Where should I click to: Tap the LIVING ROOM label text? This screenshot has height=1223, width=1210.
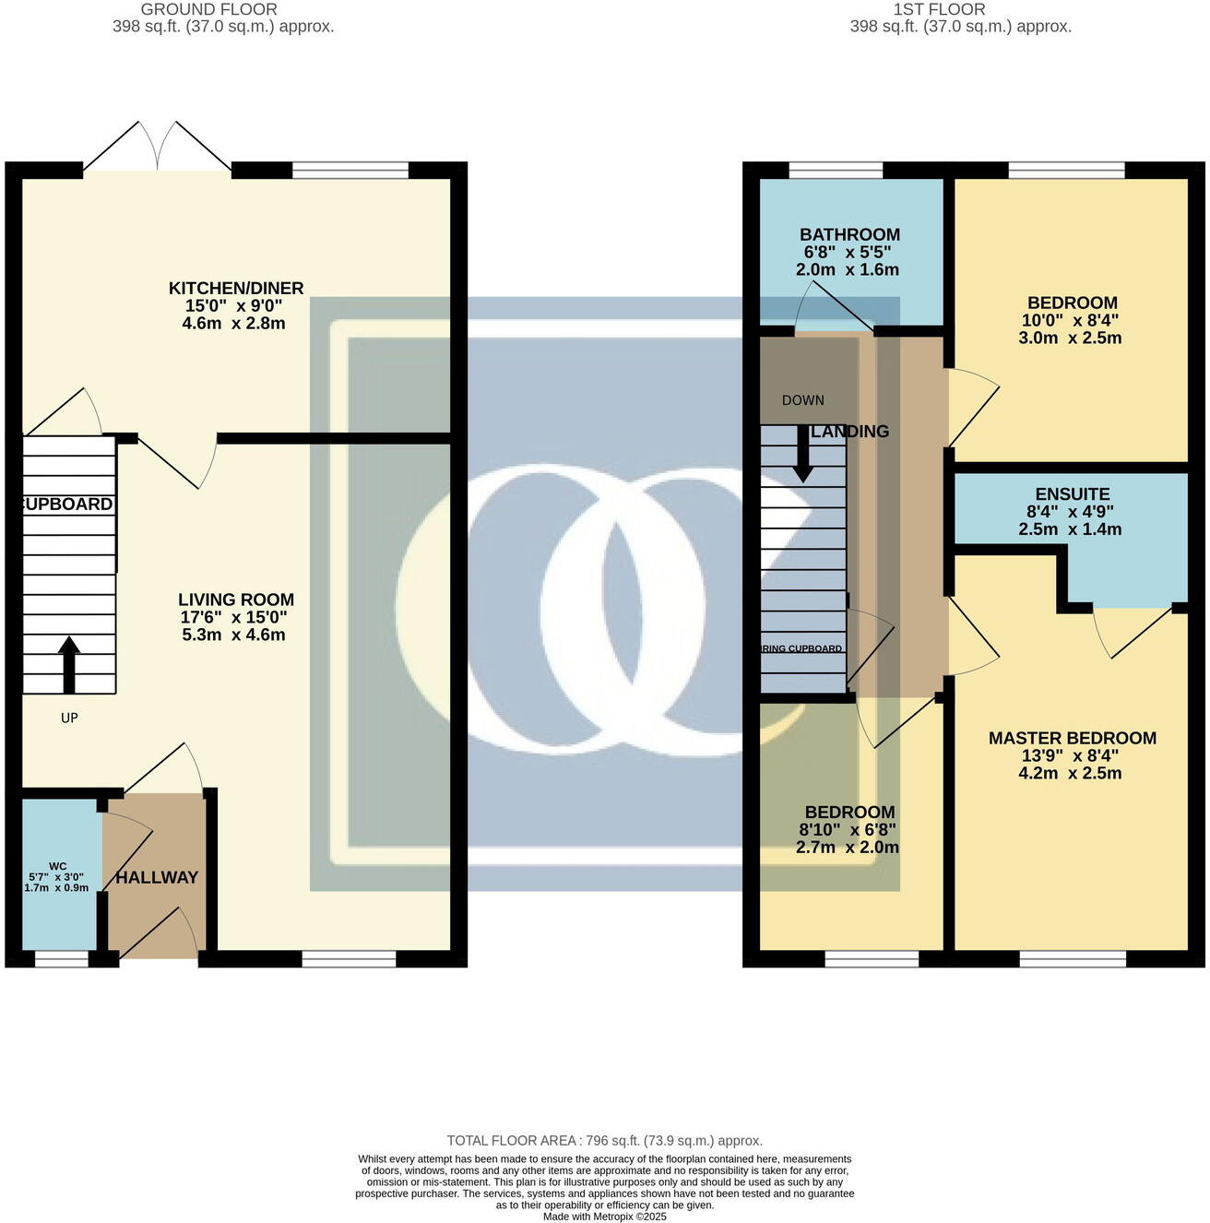(x=236, y=600)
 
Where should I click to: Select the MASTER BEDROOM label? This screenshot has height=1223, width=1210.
(x=1072, y=738)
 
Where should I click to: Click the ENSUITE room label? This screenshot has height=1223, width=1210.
(x=1072, y=494)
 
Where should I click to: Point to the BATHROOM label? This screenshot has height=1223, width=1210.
(x=849, y=235)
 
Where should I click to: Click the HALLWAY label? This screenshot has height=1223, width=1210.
(x=157, y=877)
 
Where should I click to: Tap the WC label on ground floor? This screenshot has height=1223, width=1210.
(x=57, y=866)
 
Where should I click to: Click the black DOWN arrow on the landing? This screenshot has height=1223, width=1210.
(x=803, y=453)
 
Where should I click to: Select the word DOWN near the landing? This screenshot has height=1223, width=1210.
(x=802, y=400)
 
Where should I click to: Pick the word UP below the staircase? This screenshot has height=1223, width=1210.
(x=69, y=718)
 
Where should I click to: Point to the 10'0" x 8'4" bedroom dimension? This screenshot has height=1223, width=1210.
(x=1072, y=320)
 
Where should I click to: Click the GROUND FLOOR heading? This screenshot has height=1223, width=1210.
(x=209, y=9)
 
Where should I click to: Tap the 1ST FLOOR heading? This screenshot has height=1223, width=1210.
(x=939, y=9)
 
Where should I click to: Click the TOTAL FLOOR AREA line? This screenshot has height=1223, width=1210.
(x=604, y=1141)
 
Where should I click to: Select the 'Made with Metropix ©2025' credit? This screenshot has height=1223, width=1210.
(x=604, y=1217)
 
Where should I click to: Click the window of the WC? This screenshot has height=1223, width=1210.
(x=62, y=959)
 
